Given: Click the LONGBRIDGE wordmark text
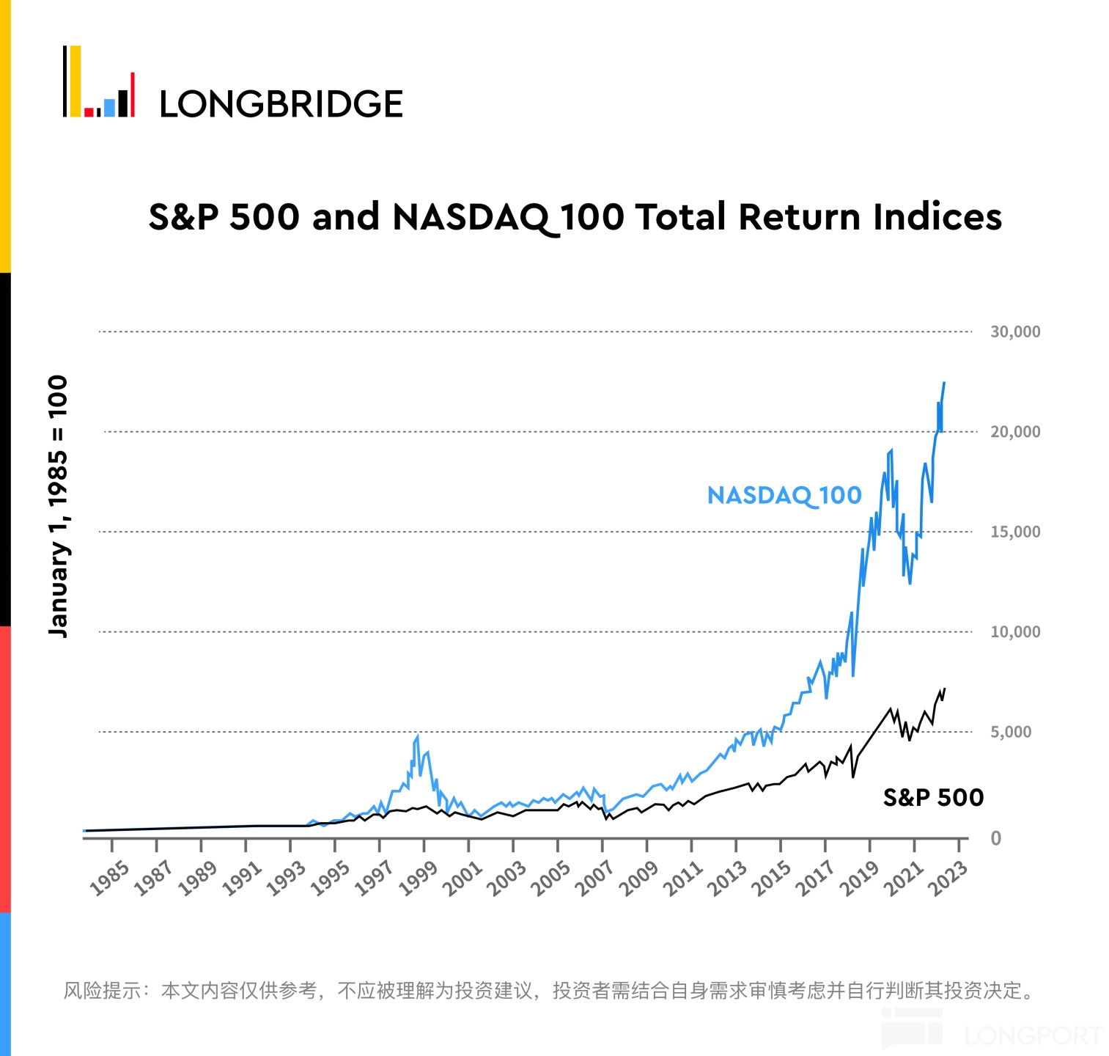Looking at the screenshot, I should pos(281,104).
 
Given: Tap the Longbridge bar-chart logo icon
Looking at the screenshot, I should pos(99,82).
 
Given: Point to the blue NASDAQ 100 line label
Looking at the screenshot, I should pos(784,496).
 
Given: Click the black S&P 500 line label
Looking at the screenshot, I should pos(932,797).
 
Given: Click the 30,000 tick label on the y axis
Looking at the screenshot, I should pos(1015,331).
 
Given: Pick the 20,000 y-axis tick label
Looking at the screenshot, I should pos(1015,432).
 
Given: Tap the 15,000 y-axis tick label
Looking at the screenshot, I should pos(1015,532).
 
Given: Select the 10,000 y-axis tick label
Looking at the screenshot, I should pos(1015,631).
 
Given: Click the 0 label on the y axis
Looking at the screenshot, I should pos(995,838).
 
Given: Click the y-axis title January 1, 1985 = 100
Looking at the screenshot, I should pos(57,506).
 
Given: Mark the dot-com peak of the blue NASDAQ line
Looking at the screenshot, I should pos(417,736).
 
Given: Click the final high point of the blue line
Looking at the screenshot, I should pos(944,382).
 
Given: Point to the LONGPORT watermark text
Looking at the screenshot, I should pos(1034,1035).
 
